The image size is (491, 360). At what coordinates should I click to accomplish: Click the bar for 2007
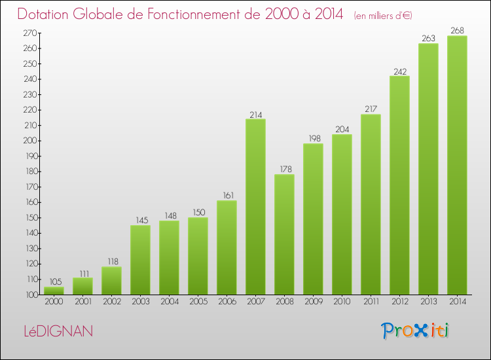pos(255,206)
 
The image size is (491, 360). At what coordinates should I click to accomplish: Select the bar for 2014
pos(457,165)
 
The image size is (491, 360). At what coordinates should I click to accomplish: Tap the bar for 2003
pos(140,260)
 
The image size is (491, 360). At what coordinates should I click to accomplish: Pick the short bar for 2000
pos(54,291)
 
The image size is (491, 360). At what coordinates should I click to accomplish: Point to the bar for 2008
pos(284,234)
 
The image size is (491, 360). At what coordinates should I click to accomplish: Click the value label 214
pos(255,115)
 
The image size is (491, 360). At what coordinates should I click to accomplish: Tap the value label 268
pos(457,31)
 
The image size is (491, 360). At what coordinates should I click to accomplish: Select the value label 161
pos(227,196)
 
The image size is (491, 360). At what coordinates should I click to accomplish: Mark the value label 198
pos(313,139)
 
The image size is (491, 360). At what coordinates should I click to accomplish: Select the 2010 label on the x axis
pos(342,302)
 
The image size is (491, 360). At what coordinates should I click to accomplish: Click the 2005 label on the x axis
pos(198,302)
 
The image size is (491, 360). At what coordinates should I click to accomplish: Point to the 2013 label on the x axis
pos(428,302)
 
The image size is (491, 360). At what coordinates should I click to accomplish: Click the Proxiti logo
pos(416,331)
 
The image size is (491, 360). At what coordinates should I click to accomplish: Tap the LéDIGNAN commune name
pos(56,331)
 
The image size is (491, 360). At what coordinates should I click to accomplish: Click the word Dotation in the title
pos(44,14)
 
